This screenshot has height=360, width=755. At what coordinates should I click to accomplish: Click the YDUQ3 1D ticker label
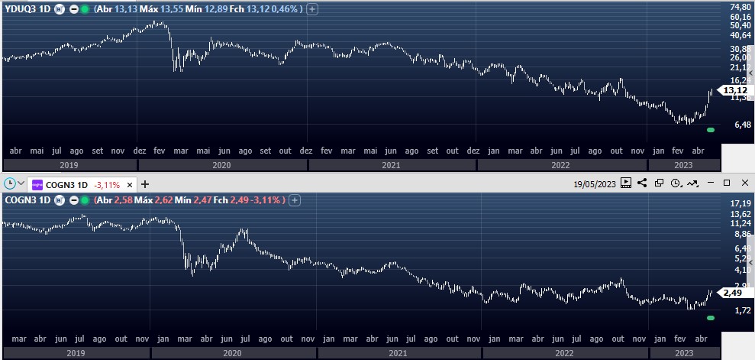27,9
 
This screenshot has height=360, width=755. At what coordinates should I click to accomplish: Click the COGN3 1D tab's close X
130,184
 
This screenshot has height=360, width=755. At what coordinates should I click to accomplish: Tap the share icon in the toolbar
642,183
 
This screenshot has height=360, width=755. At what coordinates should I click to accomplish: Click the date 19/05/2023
595,183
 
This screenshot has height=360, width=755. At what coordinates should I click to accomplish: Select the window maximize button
727,183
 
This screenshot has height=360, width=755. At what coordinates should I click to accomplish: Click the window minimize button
710,183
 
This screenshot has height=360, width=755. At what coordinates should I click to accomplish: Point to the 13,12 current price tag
734,90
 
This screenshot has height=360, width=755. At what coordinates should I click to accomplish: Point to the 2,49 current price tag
733,293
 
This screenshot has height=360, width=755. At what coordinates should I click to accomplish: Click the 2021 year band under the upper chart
391,164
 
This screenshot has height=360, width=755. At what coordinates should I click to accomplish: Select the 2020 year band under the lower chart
231,352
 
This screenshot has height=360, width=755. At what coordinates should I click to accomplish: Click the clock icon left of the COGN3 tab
9,184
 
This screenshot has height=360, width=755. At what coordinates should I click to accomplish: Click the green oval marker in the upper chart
711,130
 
